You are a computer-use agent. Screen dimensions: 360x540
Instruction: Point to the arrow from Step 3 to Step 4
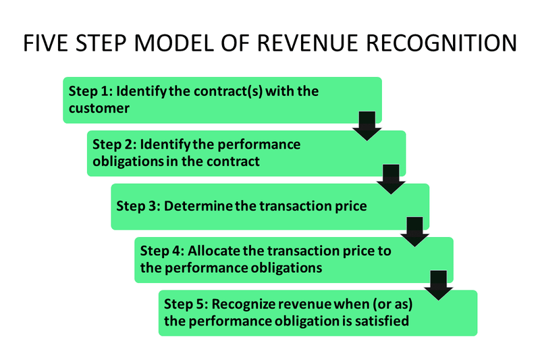pos(414,231)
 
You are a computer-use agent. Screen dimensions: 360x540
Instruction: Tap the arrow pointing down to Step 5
pos(439,284)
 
